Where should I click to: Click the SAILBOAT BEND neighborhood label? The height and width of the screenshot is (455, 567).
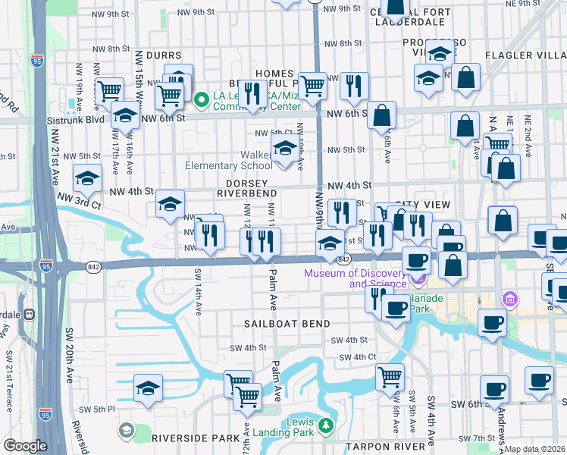[x=287, y=324]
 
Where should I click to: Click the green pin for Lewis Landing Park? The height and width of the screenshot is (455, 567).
[x=326, y=426]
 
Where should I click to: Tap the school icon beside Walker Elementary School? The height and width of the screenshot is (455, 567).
[x=284, y=149]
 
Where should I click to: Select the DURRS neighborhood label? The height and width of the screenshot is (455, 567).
[x=164, y=55]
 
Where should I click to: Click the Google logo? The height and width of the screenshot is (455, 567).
[x=25, y=446]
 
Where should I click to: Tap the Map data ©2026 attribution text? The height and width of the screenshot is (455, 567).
[x=534, y=449]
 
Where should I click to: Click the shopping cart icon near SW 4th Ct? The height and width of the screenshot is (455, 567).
[x=390, y=376]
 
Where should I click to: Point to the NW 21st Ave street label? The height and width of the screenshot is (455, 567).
[x=55, y=152]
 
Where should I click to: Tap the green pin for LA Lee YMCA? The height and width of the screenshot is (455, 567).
[x=202, y=99]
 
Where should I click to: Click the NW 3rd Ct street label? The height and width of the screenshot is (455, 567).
[x=77, y=204]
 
